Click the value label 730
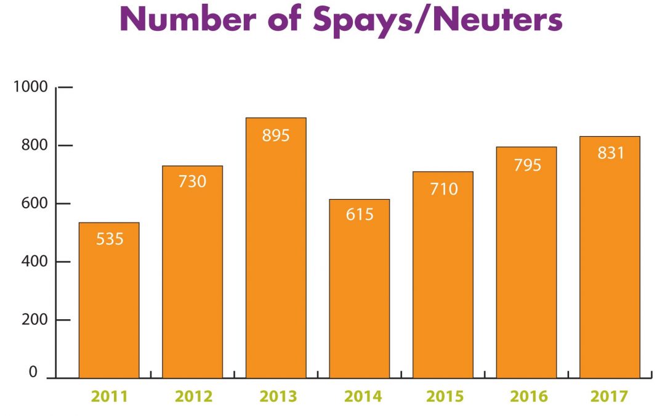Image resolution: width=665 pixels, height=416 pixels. click(x=192, y=182)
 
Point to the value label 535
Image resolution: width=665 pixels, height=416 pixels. click(x=110, y=239)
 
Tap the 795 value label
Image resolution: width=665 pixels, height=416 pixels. click(x=526, y=165)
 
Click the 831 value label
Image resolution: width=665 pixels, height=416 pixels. click(x=610, y=153)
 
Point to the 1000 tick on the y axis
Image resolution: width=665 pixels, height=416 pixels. click(x=30, y=87)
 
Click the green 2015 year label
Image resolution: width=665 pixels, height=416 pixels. click(x=443, y=396)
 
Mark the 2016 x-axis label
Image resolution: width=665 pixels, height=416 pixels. click(x=526, y=396)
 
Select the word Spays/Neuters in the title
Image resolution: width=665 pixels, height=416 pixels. click(x=438, y=20)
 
